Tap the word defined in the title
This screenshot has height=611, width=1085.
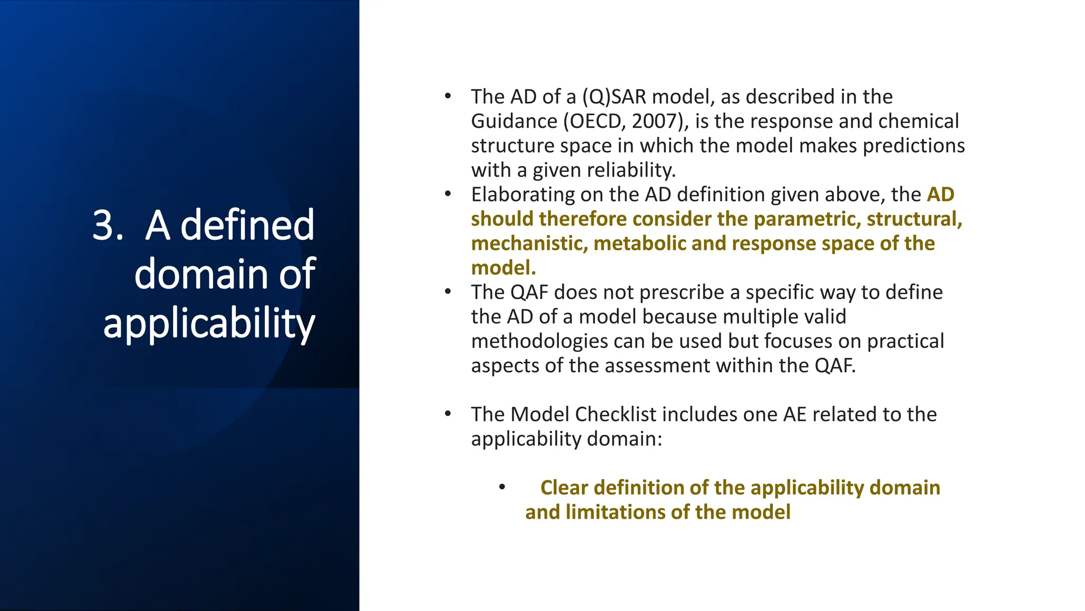tap(247, 225)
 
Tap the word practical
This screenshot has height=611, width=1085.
tap(905, 341)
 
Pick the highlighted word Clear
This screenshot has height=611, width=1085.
tap(564, 488)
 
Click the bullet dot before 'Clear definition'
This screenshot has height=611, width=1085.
tap(502, 487)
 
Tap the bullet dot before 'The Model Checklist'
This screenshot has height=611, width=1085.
tap(448, 414)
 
